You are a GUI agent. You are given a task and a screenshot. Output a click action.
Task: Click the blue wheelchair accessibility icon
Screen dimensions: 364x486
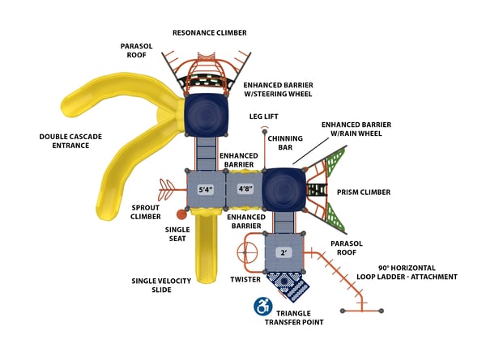coord(262,306)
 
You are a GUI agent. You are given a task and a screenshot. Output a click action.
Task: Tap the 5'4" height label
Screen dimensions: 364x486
coord(207,190)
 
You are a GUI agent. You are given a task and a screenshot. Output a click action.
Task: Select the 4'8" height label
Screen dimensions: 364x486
coord(245,190)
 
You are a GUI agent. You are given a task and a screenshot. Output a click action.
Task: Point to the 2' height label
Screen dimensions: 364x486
coord(284,252)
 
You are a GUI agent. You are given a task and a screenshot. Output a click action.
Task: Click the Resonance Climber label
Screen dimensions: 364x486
coord(209,32)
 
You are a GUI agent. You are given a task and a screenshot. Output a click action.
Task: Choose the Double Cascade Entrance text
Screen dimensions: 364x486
coord(70,142)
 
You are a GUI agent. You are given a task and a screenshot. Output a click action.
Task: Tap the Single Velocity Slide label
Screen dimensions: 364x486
coord(163,286)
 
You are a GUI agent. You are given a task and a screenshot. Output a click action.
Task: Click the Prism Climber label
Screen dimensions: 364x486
coord(364,193)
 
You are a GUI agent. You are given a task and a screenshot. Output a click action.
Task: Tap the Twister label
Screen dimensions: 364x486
coord(245,279)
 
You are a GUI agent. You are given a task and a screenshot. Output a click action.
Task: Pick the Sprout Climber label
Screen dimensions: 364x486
coord(146,213)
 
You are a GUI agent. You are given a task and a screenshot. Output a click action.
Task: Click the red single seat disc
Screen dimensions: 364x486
coord(182,215)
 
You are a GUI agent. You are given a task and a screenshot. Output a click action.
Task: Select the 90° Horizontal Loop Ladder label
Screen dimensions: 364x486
coord(407,272)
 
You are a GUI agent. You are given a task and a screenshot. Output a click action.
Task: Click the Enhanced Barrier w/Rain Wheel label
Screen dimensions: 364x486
coord(357,129)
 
